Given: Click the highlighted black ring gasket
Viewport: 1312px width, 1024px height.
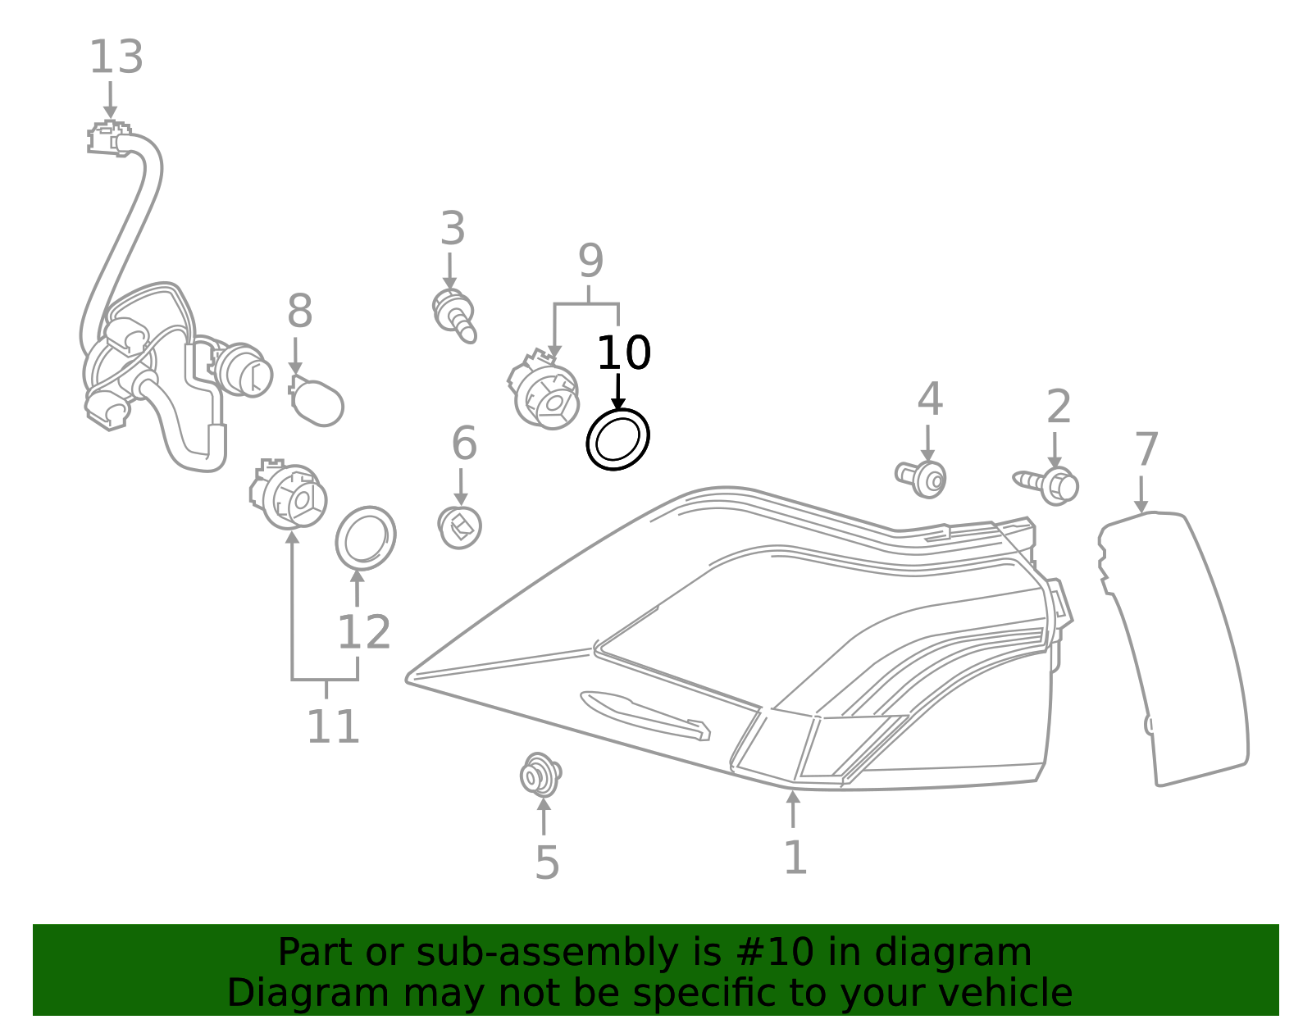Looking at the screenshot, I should pos(617,439).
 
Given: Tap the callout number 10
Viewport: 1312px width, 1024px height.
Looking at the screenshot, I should pos(623,353).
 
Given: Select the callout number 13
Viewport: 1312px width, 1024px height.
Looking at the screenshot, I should pos(116,58).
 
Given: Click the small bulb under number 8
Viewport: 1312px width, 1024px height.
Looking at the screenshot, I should pos(318,402).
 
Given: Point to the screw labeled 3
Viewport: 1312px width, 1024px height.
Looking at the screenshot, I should pos(454,316).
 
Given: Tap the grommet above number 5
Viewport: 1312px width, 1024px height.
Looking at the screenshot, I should pos(540,775).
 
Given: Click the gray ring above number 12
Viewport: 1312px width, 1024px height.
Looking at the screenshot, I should pos(366,538).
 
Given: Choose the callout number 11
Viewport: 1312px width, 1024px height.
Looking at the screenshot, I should pos(333,727).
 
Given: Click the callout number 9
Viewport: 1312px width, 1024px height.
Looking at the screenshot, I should pos(590,262).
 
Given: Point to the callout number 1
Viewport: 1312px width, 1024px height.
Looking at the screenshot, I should pos(795,858).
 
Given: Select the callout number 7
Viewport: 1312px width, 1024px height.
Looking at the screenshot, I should pos(1146,450).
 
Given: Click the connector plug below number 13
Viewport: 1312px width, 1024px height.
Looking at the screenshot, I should pos(110,139).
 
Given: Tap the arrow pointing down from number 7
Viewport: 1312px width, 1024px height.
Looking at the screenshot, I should pos(1141,495).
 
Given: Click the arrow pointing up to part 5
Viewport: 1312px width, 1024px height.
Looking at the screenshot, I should pos(544,815).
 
